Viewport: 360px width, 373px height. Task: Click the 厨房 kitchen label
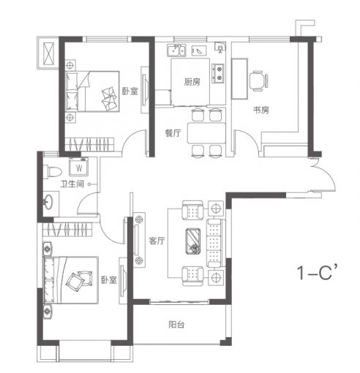[x=192, y=82]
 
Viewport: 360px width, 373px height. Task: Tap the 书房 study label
[x=260, y=110]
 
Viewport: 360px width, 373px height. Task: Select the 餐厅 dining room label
[x=173, y=133]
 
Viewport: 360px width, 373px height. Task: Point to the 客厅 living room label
[x=157, y=241]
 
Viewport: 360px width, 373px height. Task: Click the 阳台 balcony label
[x=176, y=325]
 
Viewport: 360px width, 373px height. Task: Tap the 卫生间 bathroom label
[x=72, y=184]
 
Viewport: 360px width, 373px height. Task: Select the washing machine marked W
[x=78, y=167]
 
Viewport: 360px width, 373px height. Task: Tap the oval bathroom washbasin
[x=48, y=202]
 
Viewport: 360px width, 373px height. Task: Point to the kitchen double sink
[x=176, y=50]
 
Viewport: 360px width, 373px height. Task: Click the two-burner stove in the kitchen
[x=218, y=73]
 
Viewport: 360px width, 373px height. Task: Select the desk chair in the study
[x=258, y=81]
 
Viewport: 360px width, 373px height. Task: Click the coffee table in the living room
[x=193, y=241]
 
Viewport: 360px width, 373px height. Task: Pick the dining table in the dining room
[x=206, y=133]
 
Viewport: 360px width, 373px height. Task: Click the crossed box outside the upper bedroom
[x=48, y=53]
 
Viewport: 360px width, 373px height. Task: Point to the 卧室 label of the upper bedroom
[x=130, y=91]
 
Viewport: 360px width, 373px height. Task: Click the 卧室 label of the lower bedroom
[x=109, y=280]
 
